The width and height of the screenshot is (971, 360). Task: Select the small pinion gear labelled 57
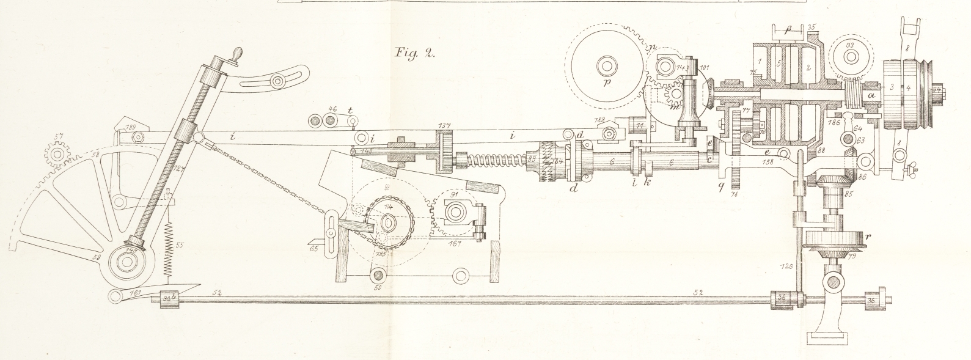click(57, 154)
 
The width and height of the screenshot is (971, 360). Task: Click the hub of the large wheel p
click(607, 65)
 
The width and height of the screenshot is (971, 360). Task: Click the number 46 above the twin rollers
click(332, 109)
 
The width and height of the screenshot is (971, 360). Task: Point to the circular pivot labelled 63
click(848, 141)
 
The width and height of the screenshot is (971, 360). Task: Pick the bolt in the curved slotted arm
click(279, 81)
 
